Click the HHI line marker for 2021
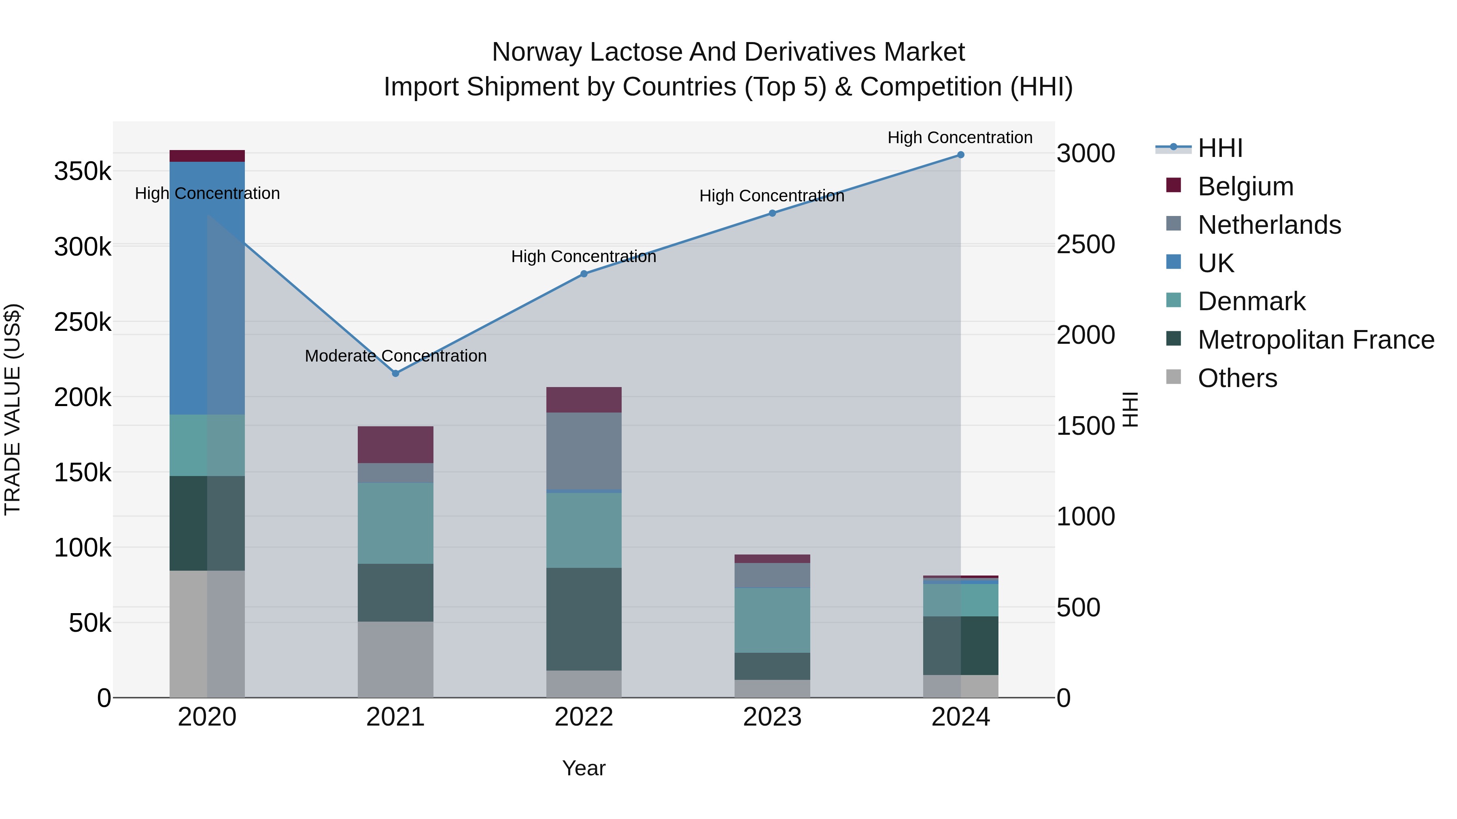point(395,373)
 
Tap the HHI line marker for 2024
point(960,154)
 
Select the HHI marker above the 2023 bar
point(772,213)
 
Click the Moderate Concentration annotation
point(395,356)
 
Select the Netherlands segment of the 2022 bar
point(584,451)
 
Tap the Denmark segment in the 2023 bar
point(772,620)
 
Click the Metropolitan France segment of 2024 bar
point(960,645)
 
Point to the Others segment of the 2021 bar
point(395,659)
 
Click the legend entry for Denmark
point(1251,301)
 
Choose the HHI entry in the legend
point(1220,148)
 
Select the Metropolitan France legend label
point(1316,340)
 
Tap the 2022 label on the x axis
point(584,717)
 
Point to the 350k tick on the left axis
point(83,171)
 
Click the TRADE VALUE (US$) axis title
point(13,409)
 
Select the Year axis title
point(584,768)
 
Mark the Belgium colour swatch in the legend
point(1174,185)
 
